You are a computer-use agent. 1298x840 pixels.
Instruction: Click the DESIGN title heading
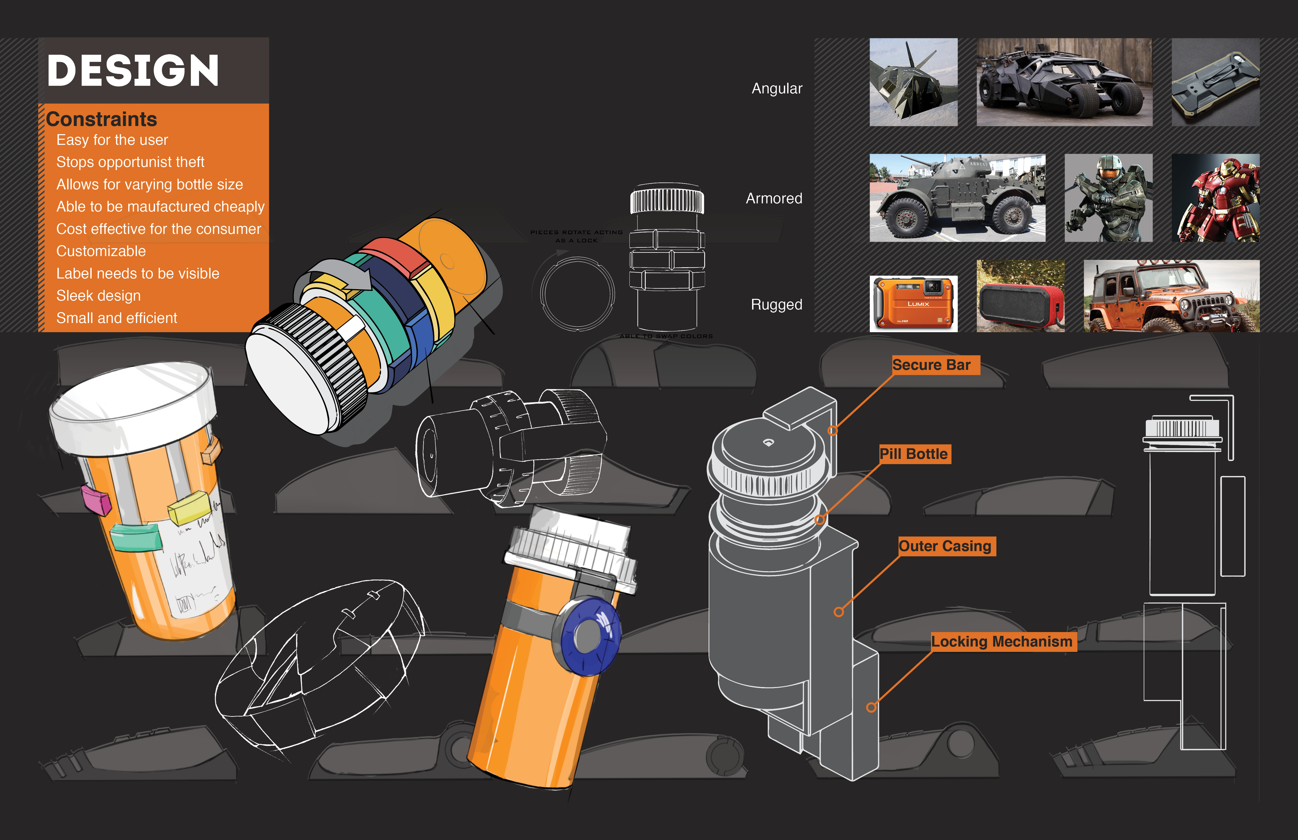(133, 71)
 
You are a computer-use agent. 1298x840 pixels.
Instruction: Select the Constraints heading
(102, 119)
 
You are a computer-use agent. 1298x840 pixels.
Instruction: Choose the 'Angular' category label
(777, 88)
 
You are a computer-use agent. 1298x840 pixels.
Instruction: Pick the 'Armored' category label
(774, 199)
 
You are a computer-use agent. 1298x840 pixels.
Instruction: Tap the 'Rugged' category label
(776, 304)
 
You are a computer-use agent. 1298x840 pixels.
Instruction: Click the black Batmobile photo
(1064, 82)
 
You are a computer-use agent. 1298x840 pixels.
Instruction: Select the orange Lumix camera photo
(913, 303)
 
